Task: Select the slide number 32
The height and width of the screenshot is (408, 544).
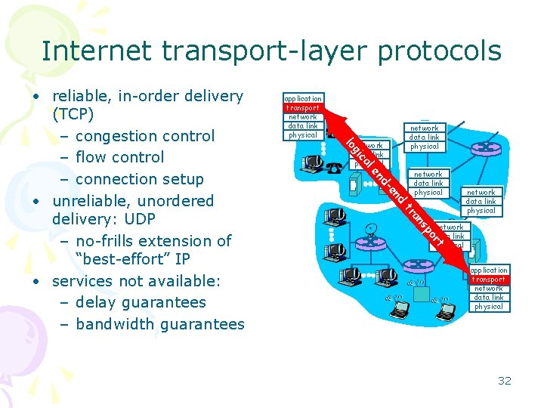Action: (x=505, y=380)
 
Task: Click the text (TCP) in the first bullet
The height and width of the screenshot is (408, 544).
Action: (x=73, y=115)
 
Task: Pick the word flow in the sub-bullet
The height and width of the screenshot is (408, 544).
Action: (x=92, y=157)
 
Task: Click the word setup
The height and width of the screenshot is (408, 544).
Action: (x=184, y=179)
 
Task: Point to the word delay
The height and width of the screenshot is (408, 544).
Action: (x=98, y=302)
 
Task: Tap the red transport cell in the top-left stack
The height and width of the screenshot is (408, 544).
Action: (x=302, y=107)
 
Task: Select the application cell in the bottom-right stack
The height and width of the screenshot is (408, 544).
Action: (x=489, y=270)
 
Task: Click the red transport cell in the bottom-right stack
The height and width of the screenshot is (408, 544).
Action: (x=489, y=280)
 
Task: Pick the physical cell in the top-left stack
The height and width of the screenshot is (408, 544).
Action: (x=302, y=135)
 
